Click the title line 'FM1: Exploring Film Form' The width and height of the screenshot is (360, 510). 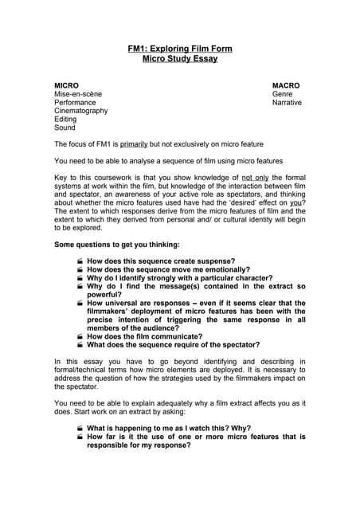pyautogui.click(x=180, y=49)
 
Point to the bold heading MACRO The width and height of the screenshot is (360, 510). pyautogui.click(x=286, y=84)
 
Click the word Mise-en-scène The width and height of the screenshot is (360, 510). pyautogui.click(x=78, y=94)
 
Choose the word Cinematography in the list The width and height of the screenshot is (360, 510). pyautogui.click(x=80, y=111)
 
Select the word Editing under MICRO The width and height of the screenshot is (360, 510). pyautogui.click(x=65, y=119)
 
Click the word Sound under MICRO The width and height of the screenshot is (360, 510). pyautogui.click(x=65, y=127)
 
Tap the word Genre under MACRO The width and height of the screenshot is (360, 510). pyautogui.click(x=283, y=94)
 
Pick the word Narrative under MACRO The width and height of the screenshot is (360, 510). pyautogui.click(x=287, y=103)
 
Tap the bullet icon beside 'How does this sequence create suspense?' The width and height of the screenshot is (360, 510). pyautogui.click(x=80, y=261)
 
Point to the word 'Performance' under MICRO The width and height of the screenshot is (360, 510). pyautogui.click(x=75, y=103)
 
